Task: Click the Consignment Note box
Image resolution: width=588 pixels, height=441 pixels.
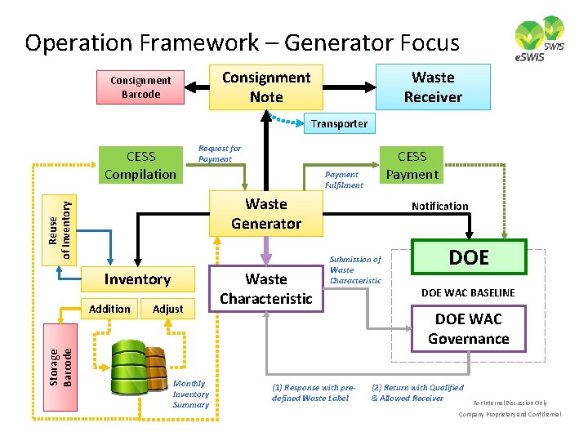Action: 266,87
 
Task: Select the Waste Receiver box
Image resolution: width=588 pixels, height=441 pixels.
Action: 433,87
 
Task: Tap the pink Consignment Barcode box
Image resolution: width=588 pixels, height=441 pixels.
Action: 140,87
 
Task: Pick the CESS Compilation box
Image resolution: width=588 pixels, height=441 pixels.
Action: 140,165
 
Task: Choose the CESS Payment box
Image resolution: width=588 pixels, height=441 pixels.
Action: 412,165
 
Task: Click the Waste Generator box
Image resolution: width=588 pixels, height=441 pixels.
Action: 266,214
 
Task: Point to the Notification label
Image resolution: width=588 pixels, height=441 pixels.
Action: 439,206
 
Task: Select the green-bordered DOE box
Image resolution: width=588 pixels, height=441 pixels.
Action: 469,257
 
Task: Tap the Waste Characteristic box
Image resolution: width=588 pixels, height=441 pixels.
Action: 266,289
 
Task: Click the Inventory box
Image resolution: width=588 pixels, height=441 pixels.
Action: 137,279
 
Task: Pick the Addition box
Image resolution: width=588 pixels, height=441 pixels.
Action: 109,309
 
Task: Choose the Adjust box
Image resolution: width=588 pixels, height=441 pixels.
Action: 168,309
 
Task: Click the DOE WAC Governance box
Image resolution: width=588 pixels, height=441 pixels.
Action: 468,329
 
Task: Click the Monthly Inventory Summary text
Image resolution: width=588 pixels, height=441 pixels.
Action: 191,394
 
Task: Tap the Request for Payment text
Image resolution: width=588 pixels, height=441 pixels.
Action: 220,154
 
